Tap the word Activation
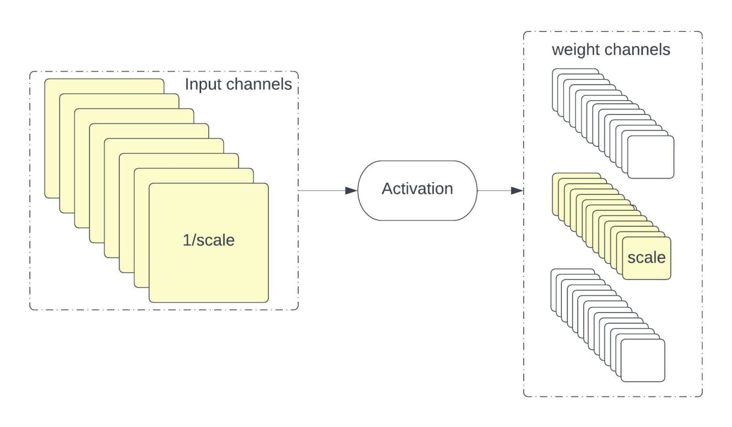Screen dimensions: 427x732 click(x=417, y=189)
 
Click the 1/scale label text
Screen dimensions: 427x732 click(x=208, y=240)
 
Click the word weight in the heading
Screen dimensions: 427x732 click(x=576, y=50)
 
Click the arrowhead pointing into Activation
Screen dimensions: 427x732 click(x=352, y=191)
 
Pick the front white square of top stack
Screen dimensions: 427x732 click(x=651, y=157)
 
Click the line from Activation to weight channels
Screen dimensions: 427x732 click(x=493, y=191)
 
